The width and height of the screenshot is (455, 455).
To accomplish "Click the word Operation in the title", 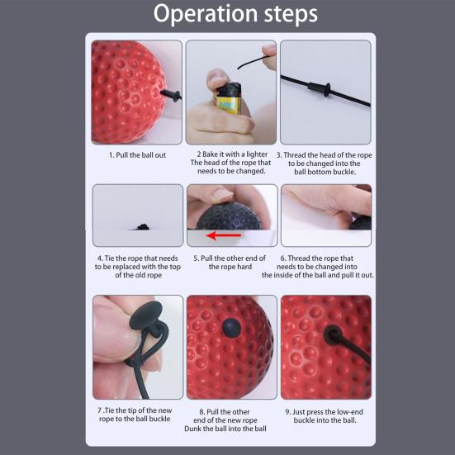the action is coord(206,15).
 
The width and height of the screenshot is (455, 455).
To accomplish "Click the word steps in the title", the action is coord(291,14).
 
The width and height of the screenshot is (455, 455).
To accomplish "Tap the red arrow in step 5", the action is coord(224,235).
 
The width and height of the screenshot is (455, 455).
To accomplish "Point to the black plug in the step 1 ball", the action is coord(171,95).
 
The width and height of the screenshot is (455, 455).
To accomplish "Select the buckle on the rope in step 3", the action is coord(320,88).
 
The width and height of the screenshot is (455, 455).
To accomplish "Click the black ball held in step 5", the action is coord(230,217).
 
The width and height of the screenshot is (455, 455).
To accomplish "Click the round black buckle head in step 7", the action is coord(145,315).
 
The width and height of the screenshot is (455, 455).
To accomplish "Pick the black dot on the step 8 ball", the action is coord(231,328).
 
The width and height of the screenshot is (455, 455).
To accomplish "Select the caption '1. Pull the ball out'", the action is coord(138,155).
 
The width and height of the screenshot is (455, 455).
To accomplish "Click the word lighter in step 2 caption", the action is coord(257,154).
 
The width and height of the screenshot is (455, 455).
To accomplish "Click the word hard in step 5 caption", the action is coord(244,267).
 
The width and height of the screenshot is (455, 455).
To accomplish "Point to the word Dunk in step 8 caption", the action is coord(192,429).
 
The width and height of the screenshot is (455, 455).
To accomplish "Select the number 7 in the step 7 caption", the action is coord(100,410).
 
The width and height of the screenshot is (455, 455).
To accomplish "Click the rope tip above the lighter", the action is coord(239,68).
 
